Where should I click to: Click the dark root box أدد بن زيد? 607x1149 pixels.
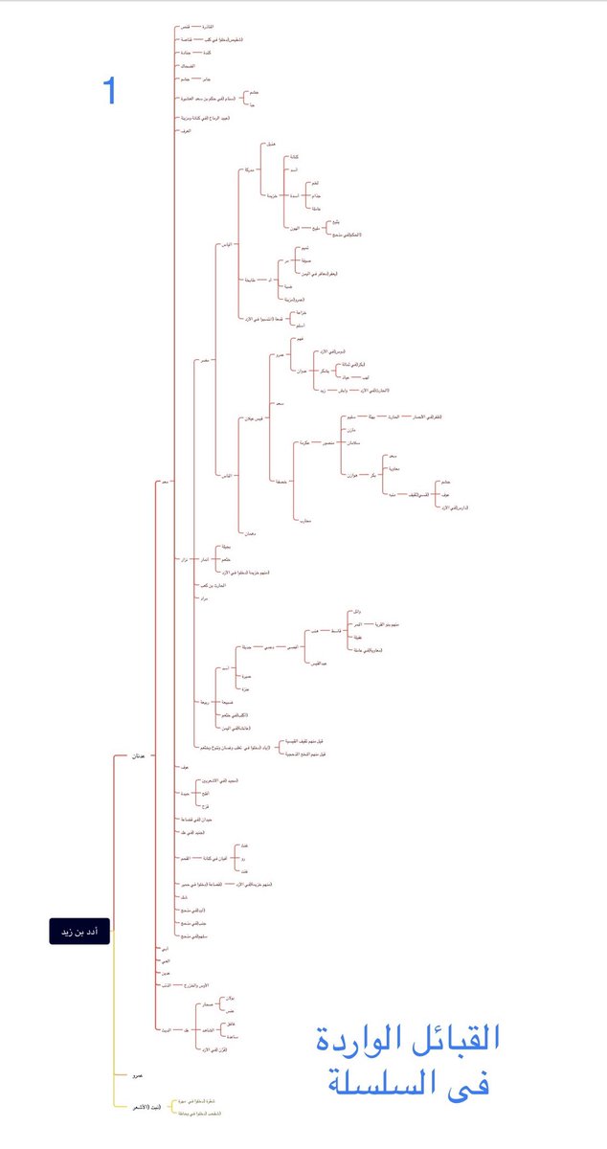pyautogui.click(x=79, y=932)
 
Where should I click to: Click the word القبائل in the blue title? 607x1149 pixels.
pyautogui.click(x=457, y=1040)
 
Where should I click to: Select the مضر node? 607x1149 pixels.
pyautogui.click(x=205, y=361)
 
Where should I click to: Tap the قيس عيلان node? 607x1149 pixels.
pyautogui.click(x=253, y=417)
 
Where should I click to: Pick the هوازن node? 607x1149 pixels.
pyautogui.click(x=350, y=475)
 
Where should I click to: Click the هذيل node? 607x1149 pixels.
pyautogui.click(x=270, y=143)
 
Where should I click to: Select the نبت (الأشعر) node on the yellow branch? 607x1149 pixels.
pyautogui.click(x=146, y=1107)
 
